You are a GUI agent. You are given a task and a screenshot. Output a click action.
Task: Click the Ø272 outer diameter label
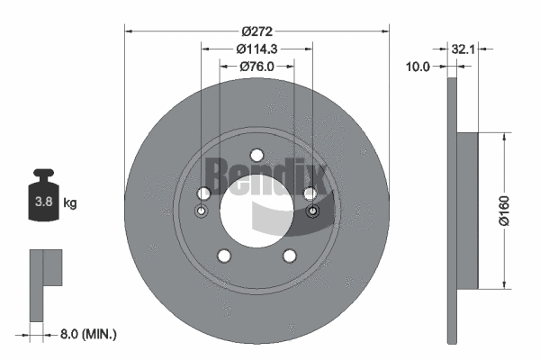point(256,19)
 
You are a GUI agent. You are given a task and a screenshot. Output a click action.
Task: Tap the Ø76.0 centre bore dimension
point(256,67)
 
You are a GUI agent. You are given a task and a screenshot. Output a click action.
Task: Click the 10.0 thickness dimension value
point(418,66)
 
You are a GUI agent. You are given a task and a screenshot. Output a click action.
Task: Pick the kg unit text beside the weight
point(70,203)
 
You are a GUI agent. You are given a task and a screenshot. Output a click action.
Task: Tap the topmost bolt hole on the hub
point(256,154)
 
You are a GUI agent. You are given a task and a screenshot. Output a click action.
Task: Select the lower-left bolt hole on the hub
point(224,256)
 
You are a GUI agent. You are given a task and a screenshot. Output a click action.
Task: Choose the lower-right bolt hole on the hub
point(289,256)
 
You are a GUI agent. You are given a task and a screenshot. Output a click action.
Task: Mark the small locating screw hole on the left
point(202,211)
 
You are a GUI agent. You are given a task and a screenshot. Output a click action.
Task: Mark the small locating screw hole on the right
point(312,211)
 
